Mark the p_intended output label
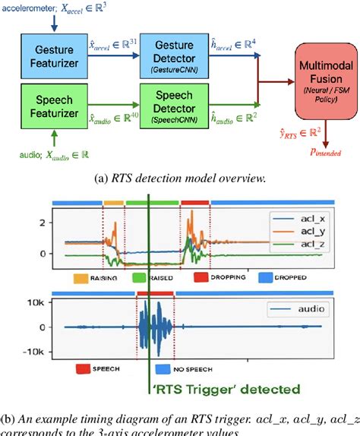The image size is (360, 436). pos(319,151)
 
